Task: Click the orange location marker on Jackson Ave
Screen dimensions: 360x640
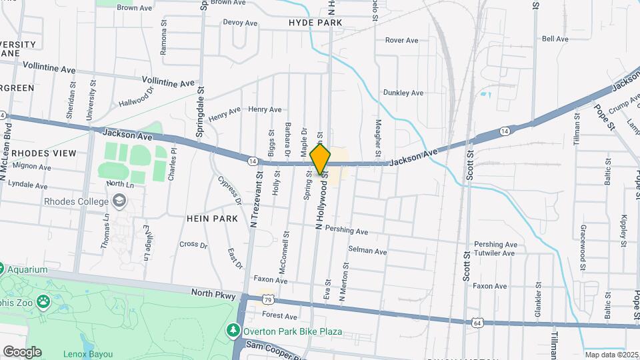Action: tap(320, 159)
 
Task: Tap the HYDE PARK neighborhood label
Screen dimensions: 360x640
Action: tap(315, 23)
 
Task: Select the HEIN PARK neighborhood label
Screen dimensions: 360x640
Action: tap(213, 219)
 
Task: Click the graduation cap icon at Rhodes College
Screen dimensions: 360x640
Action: tap(119, 201)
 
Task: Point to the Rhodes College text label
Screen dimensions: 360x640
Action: tap(75, 201)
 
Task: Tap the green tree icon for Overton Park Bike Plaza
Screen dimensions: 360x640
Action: tap(233, 331)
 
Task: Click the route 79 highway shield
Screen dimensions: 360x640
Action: tap(267, 301)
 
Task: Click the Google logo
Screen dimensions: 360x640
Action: tap(22, 352)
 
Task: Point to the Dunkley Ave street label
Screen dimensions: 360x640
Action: tap(403, 93)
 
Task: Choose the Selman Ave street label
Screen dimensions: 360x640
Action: tap(367, 251)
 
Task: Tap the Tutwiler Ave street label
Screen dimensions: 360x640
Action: tap(495, 253)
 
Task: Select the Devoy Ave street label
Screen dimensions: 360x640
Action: tap(240, 23)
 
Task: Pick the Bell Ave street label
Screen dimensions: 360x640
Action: tap(555, 39)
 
